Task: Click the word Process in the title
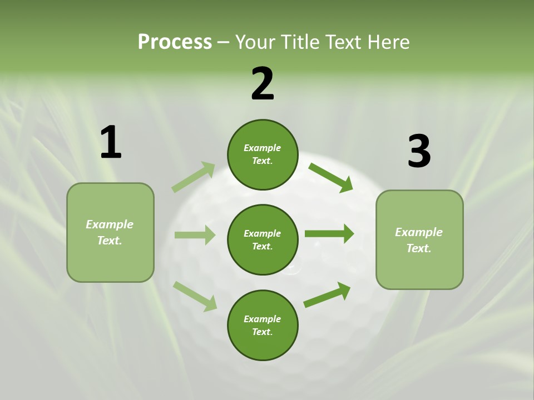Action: tap(175, 42)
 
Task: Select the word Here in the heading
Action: tap(387, 42)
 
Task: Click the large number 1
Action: tap(111, 143)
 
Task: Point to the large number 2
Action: tap(263, 84)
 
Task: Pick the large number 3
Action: tap(419, 152)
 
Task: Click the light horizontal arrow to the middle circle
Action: tap(195, 235)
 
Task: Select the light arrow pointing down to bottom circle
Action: tap(195, 296)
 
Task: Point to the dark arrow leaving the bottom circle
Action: tap(327, 295)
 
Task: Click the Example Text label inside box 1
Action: tap(110, 232)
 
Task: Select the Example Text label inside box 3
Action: tap(419, 240)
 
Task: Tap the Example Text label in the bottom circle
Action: tap(263, 326)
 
